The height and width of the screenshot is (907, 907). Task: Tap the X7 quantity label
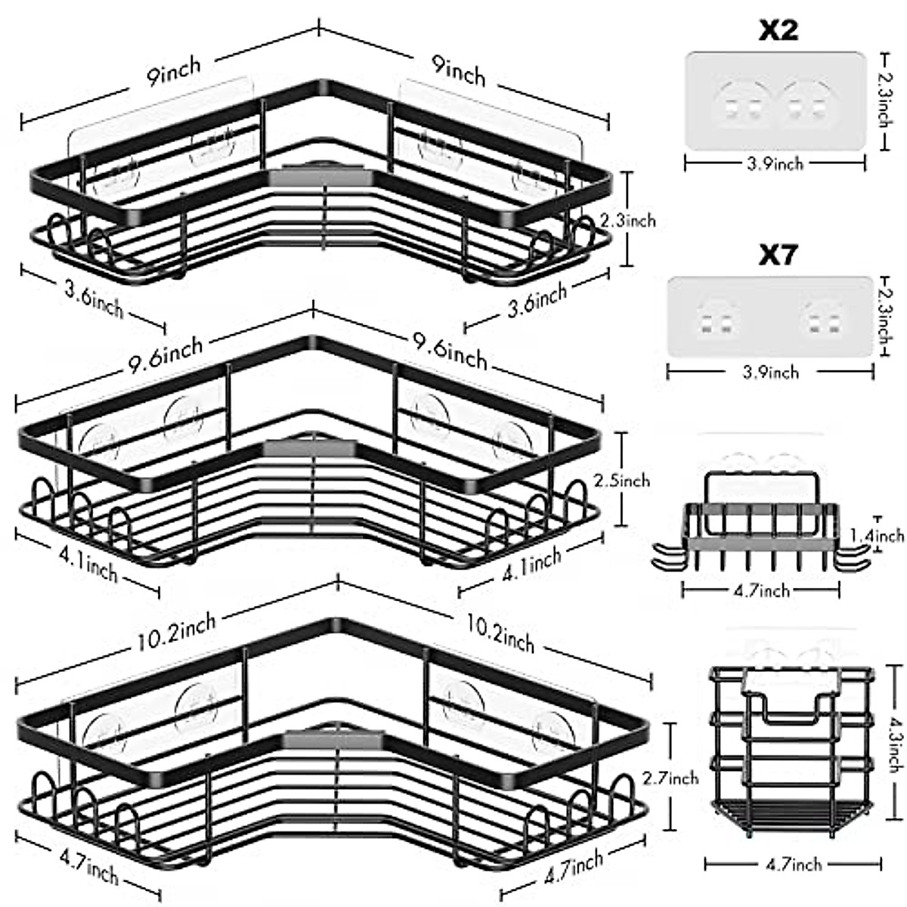click(779, 255)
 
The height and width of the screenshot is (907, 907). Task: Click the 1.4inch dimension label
click(878, 536)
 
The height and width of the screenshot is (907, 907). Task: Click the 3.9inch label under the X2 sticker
click(775, 163)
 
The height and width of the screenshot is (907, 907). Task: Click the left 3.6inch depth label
click(94, 299)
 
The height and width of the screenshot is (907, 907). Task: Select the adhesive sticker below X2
click(775, 101)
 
